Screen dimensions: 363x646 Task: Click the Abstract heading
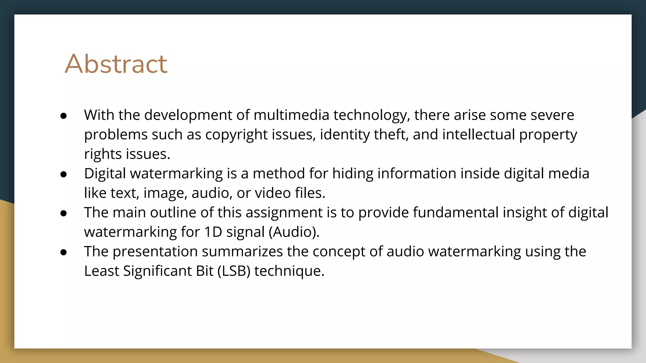click(x=116, y=64)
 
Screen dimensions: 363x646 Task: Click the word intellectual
click(x=479, y=135)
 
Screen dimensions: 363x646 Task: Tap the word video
click(x=273, y=193)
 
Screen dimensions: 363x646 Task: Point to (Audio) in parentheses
click(x=294, y=232)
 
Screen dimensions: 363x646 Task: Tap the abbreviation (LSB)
click(x=234, y=271)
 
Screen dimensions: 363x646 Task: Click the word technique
click(x=289, y=271)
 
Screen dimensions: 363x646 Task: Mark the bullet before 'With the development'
click(x=63, y=116)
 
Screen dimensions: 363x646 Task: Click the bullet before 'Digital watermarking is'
click(x=63, y=175)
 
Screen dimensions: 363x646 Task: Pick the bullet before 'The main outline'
click(x=63, y=214)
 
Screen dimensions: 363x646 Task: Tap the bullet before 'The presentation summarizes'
click(x=63, y=253)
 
